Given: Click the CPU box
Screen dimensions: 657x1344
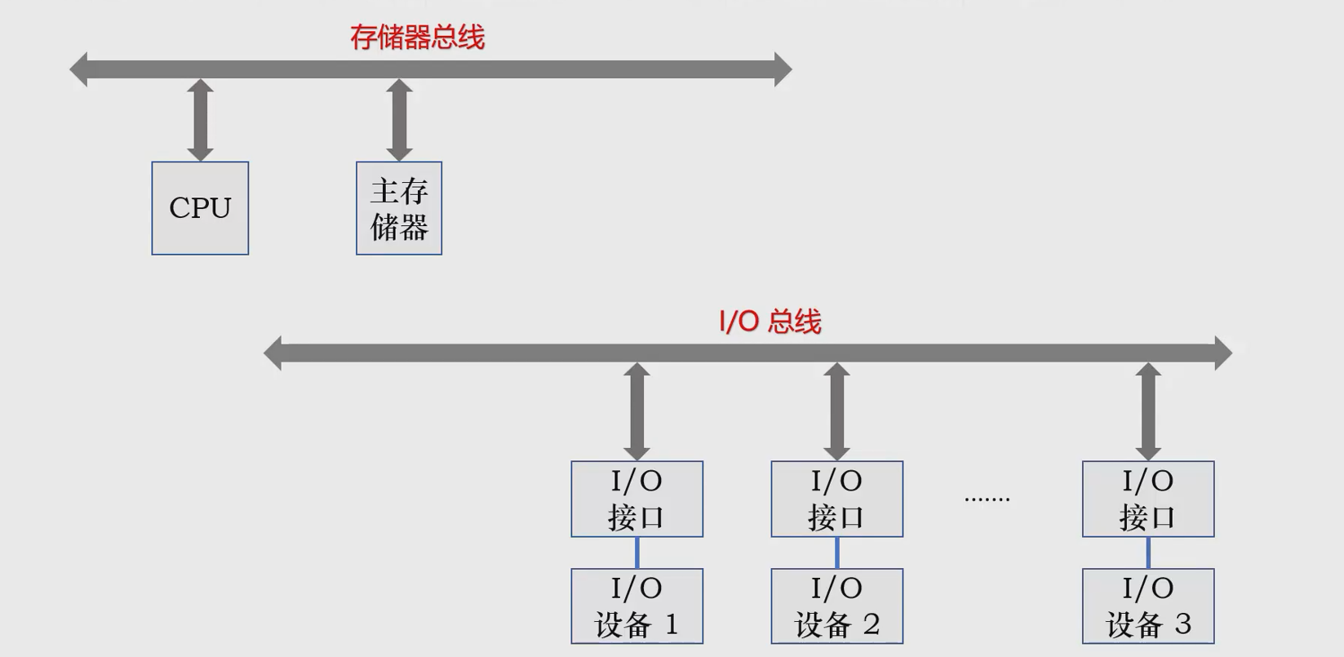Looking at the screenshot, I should (200, 208).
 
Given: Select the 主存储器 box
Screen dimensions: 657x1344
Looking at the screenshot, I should (399, 208).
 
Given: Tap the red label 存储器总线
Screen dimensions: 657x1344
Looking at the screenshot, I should (417, 38).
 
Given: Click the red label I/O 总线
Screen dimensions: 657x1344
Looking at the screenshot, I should (770, 322).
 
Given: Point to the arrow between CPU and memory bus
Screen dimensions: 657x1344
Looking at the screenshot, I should (200, 120).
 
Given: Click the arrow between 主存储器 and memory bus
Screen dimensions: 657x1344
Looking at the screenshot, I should (399, 120).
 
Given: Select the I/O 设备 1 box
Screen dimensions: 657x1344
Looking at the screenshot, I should (637, 606).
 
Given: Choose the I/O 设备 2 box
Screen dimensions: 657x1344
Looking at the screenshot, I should (836, 606).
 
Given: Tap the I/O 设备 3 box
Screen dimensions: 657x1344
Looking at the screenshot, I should (1148, 606).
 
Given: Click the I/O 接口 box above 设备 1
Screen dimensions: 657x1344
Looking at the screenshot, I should (637, 499).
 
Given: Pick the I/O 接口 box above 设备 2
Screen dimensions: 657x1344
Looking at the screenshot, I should (836, 499).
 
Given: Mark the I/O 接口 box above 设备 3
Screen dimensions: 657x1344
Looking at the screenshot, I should (1148, 499).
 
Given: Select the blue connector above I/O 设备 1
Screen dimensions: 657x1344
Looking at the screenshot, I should (637, 553).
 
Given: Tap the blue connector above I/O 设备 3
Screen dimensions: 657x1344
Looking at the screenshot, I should (1148, 553).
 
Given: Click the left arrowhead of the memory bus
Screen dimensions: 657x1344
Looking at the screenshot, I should (79, 69).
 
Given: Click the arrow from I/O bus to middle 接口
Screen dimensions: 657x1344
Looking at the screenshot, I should (836, 411).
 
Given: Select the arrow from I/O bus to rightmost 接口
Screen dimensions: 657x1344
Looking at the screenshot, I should (1148, 411).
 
